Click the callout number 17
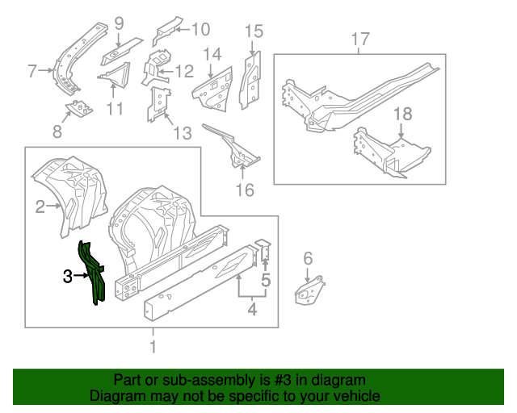[360, 39]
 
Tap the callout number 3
[68, 277]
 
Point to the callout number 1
[153, 348]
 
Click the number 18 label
[402, 115]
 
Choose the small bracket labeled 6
[309, 291]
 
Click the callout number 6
[307, 258]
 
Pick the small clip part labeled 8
[79, 106]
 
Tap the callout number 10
[199, 30]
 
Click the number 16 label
[244, 190]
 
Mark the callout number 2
[40, 208]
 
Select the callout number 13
[183, 132]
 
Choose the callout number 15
[254, 31]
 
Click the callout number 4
[251, 307]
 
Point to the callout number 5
[266, 282]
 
